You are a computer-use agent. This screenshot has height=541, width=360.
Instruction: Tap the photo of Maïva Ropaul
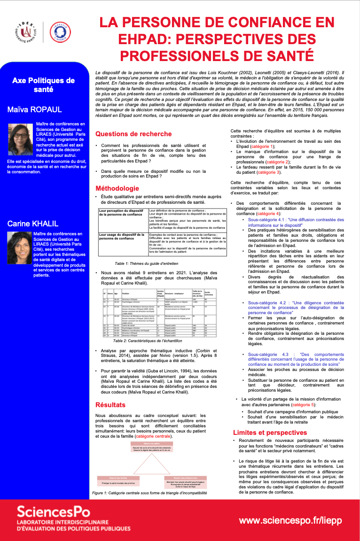pos(20,138)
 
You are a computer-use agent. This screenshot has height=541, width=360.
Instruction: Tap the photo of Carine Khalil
pos(20,248)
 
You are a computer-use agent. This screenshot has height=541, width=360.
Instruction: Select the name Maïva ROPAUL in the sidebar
pos(35,109)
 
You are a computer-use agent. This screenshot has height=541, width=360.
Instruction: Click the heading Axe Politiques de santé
pos(44,85)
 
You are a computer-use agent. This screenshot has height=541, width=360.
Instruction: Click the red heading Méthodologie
pos(117,188)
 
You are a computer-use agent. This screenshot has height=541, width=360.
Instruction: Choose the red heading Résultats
pos(110,405)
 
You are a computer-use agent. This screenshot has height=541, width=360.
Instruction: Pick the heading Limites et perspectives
pos(270,432)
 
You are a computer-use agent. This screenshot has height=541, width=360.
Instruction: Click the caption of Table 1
pos(140,263)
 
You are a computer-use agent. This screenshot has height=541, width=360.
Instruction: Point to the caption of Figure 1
pos(149,493)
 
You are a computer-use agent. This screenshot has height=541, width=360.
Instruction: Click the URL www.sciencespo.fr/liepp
pos(290,521)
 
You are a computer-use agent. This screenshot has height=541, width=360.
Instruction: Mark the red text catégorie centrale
pos(153,436)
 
